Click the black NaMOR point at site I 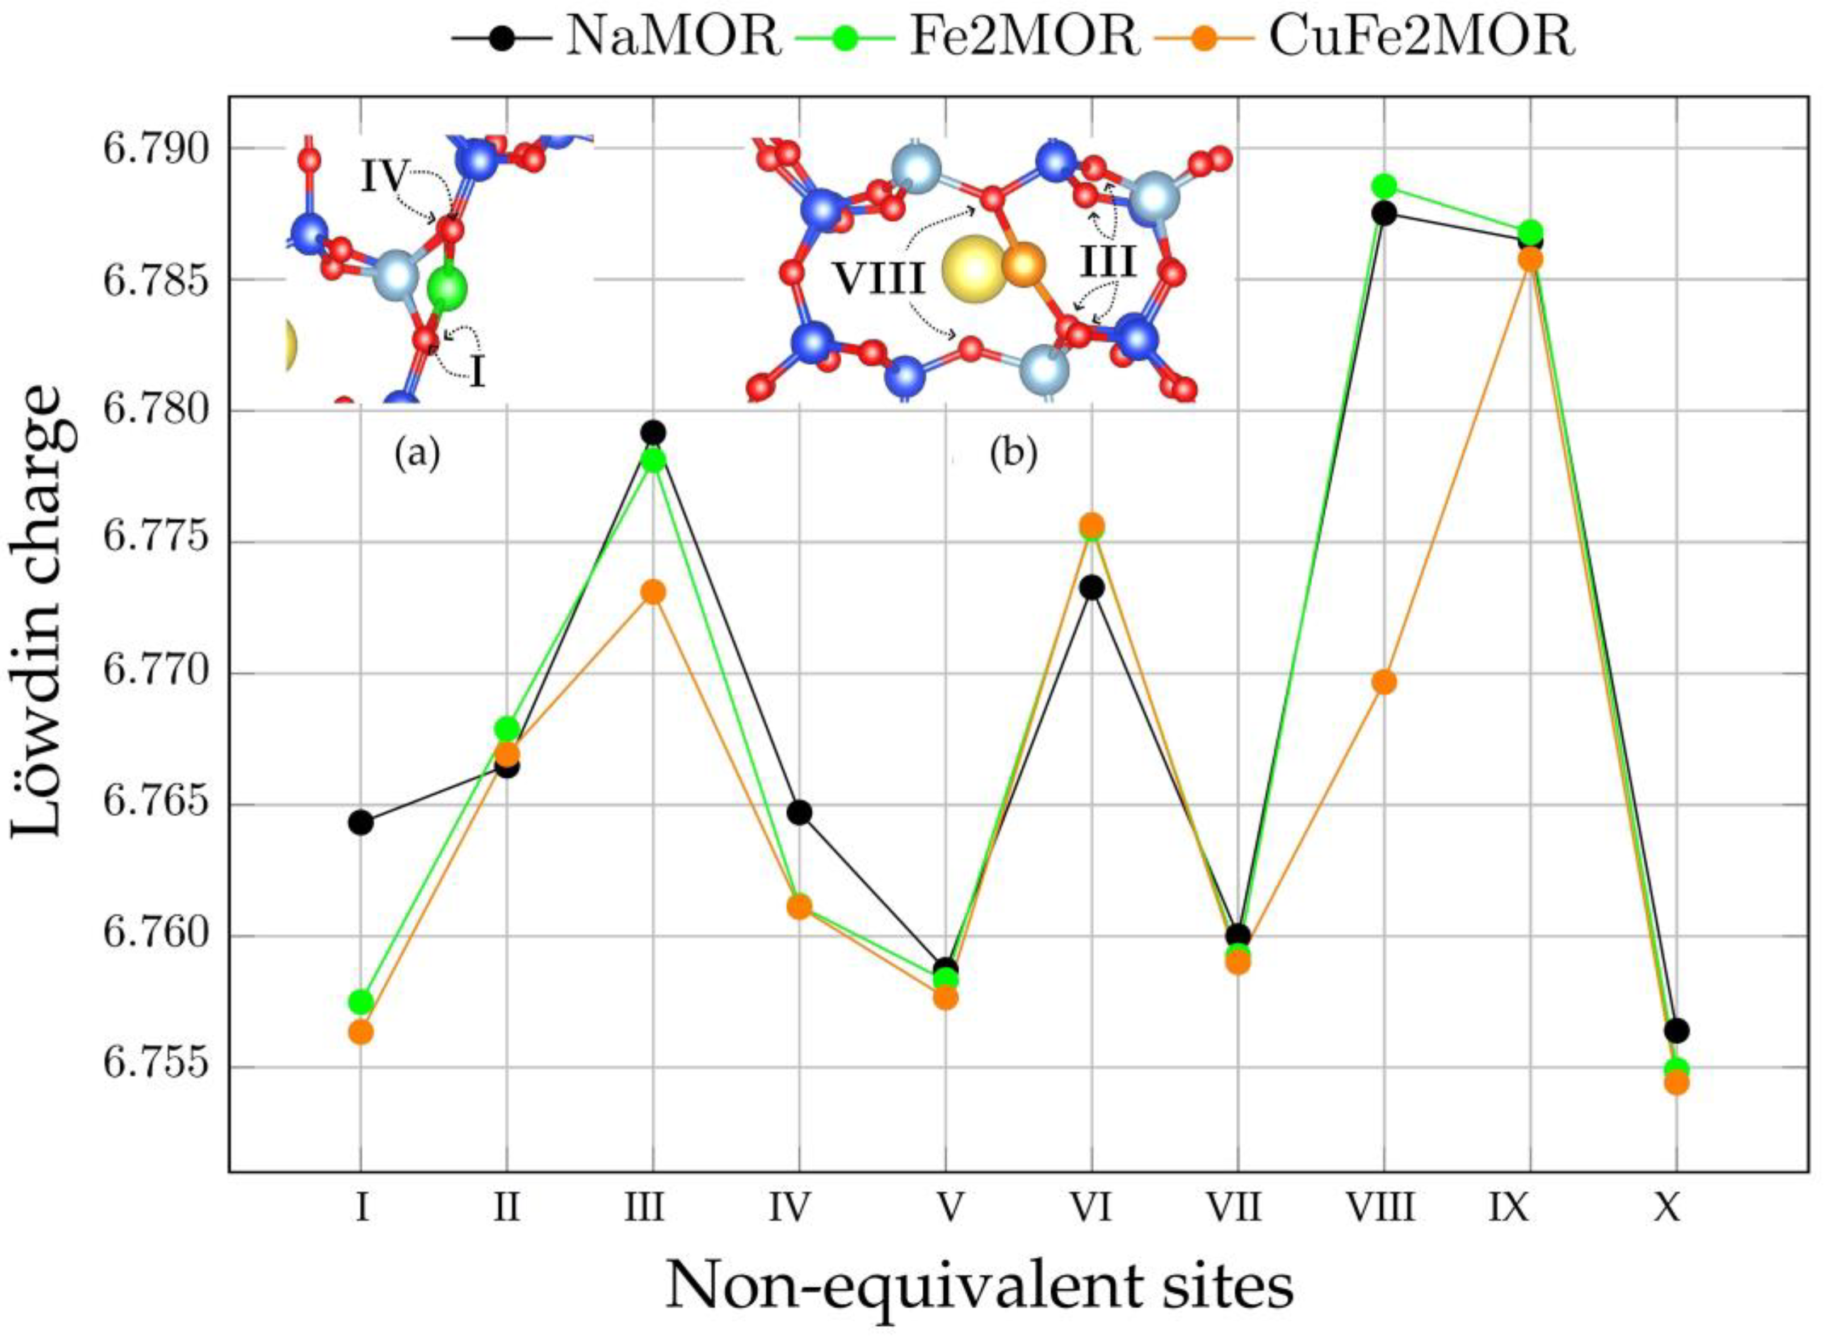click(361, 823)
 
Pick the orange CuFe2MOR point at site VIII click(1384, 682)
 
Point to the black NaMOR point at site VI click(1092, 587)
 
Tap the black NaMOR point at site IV click(799, 813)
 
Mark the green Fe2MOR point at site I click(361, 1001)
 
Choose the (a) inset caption click(417, 456)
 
